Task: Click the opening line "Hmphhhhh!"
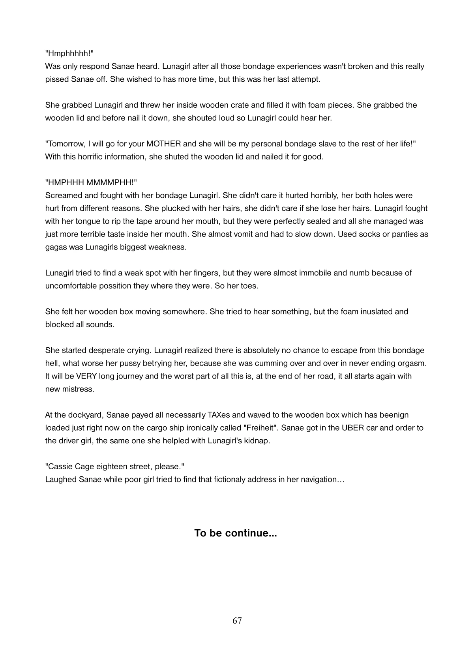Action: tap(69, 53)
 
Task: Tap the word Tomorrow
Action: tap(66, 144)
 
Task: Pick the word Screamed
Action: tap(62, 195)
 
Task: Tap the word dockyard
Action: tap(85, 415)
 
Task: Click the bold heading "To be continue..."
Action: tap(236, 533)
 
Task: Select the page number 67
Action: tap(237, 621)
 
